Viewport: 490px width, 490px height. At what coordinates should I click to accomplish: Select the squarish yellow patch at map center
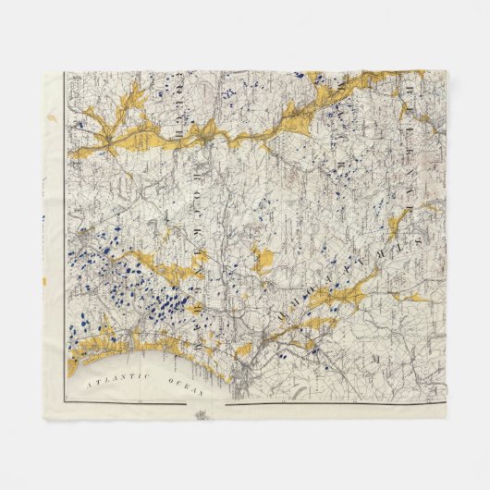click(x=262, y=260)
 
